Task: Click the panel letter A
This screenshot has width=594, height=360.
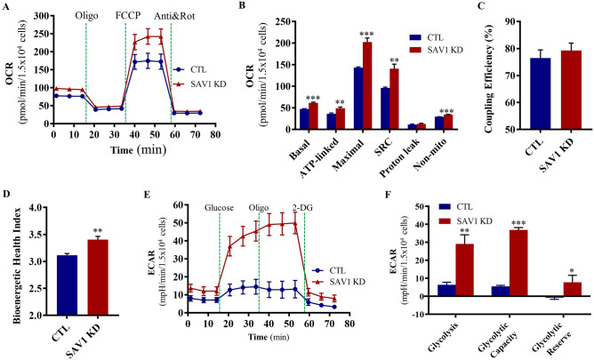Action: coord(7,9)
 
